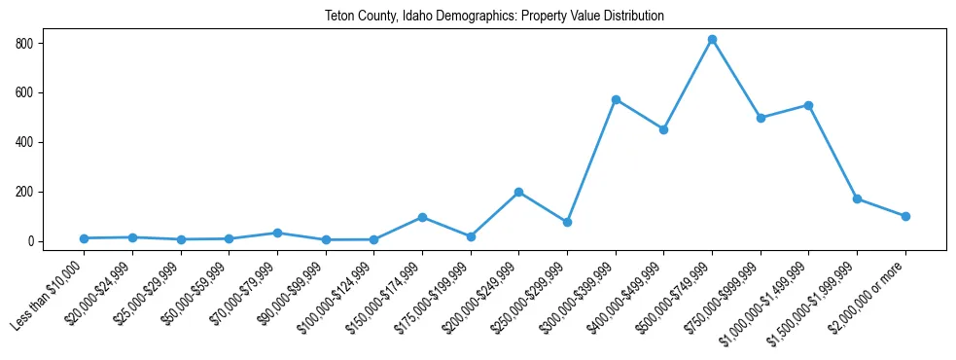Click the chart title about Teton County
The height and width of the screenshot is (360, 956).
(494, 17)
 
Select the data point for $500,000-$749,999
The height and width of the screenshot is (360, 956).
(712, 40)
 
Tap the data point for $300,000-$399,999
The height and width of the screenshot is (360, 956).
(616, 99)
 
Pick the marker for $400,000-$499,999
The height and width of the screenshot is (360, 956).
(663, 129)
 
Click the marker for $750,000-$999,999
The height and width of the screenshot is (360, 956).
(761, 118)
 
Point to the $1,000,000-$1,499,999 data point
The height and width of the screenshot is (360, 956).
(808, 105)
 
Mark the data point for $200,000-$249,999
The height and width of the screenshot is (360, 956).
(518, 192)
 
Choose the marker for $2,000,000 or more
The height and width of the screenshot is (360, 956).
(905, 216)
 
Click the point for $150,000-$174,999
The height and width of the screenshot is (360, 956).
(422, 217)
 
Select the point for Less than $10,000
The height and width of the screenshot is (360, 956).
(85, 238)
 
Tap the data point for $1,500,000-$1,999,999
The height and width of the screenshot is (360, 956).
(857, 198)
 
